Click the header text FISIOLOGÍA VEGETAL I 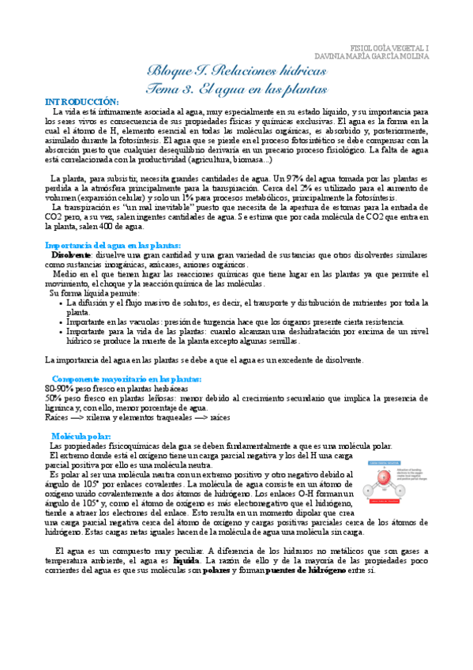(389, 47)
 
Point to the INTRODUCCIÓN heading (82, 103)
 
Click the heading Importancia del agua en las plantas (114, 246)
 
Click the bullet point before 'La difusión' (62, 303)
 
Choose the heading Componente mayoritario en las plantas (126, 379)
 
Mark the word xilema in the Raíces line (104, 417)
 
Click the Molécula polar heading (81, 436)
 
